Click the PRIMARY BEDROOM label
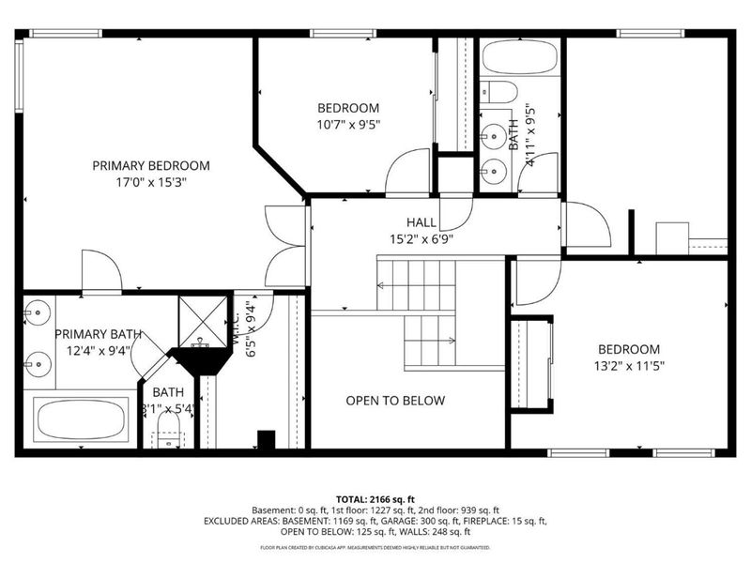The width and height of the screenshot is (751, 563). click(x=151, y=165)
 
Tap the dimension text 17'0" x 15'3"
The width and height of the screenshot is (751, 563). click(x=151, y=182)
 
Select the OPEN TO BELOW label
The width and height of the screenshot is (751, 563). click(x=395, y=401)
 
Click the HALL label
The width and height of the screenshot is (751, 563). click(x=421, y=222)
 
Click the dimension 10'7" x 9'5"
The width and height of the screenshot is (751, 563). click(x=347, y=124)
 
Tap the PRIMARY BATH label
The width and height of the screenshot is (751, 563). click(x=98, y=334)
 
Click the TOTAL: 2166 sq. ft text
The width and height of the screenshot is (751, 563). click(x=375, y=498)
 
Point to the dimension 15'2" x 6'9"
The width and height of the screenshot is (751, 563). click(x=421, y=239)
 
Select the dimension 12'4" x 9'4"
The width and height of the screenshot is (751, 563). click(x=98, y=351)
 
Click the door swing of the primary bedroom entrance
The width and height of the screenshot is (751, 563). click(x=284, y=246)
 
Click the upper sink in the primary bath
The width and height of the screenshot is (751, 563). click(x=38, y=312)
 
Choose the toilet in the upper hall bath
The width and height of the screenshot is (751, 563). click(x=500, y=92)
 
